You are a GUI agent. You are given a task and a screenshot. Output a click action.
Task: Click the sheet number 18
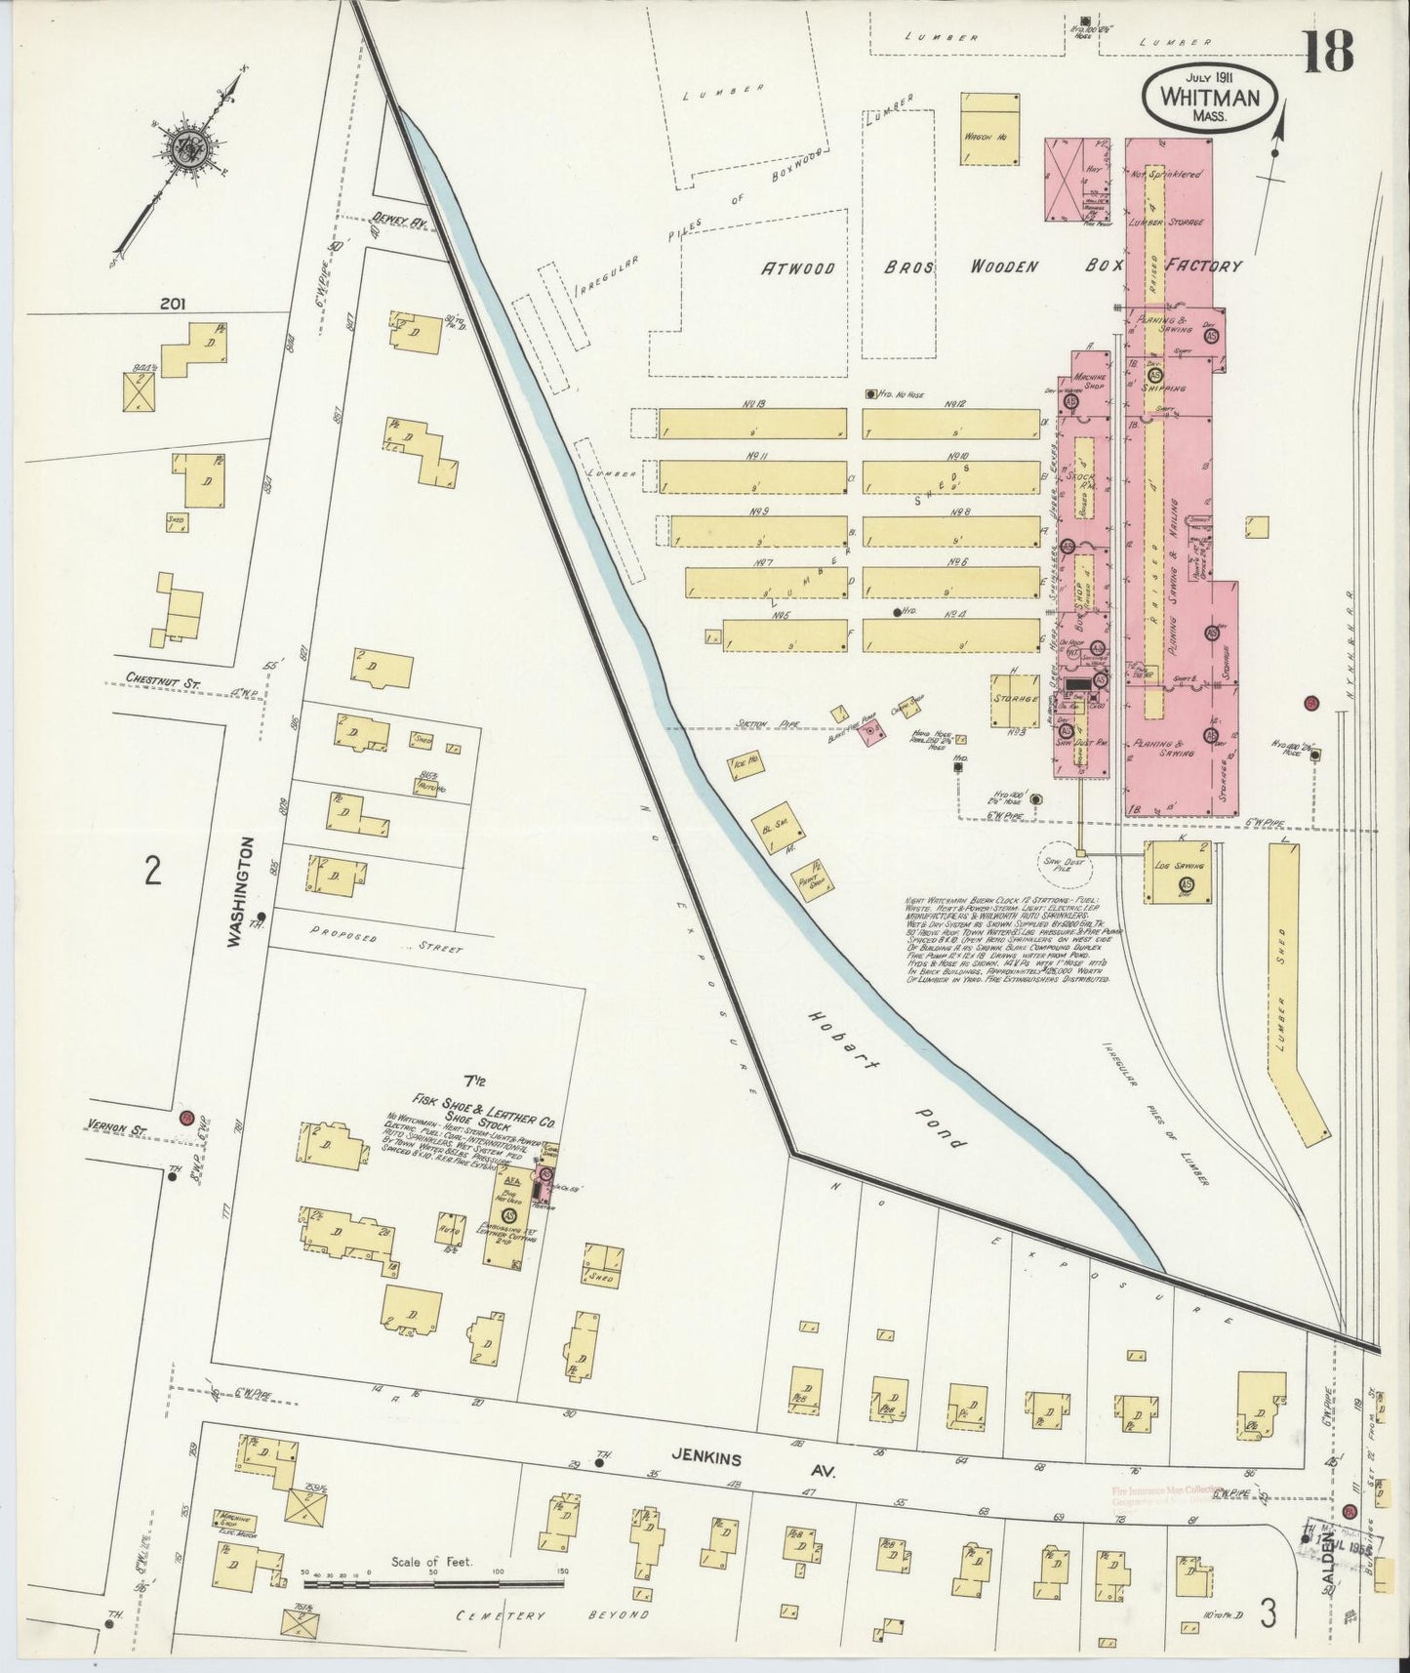pos(1328,53)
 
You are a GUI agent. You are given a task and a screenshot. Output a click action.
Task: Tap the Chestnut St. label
pos(161,684)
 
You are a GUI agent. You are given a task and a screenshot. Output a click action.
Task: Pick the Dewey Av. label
pos(401,224)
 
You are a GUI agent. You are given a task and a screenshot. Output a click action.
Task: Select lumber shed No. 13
pos(752,423)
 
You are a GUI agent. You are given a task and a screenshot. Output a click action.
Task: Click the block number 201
pos(176,305)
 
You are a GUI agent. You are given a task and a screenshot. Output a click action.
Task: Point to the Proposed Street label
pos(385,940)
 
